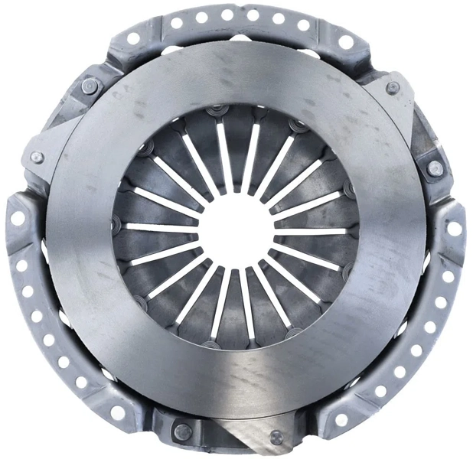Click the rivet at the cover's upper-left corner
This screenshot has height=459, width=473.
(90, 86)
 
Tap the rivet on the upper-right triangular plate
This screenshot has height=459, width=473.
(393, 87)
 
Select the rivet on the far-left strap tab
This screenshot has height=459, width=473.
(35, 158)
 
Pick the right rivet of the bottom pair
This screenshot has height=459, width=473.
(276, 437)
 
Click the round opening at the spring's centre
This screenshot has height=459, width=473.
(236, 229)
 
